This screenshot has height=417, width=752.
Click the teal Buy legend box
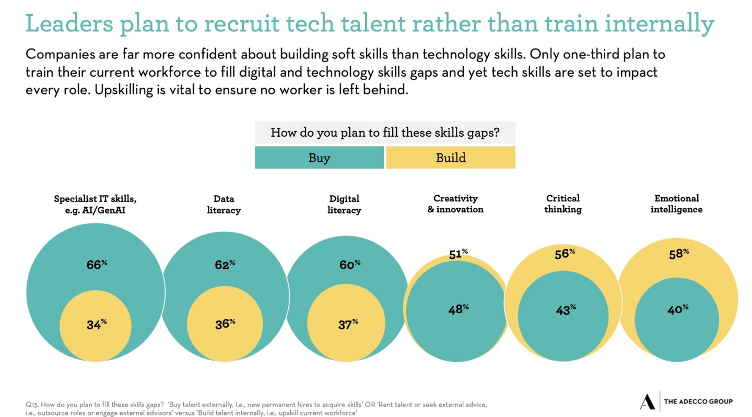[x=319, y=158]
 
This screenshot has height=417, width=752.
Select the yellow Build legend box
[x=451, y=158]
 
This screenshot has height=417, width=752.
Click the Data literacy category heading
[x=224, y=204]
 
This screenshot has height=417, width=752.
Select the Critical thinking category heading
[x=563, y=204]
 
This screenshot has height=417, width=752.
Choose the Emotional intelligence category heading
[x=676, y=204]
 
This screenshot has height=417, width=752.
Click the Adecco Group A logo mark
[x=647, y=401]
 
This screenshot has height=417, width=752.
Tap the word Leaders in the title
[x=68, y=23]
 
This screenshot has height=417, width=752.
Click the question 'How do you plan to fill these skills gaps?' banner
[x=385, y=133]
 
